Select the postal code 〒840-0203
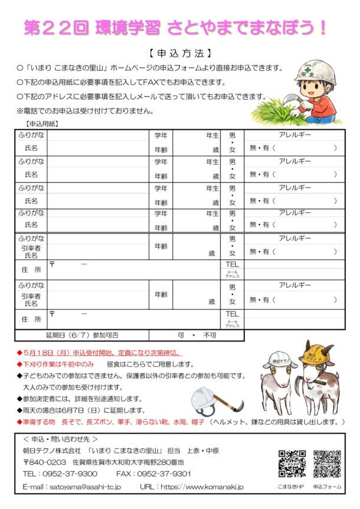[44, 462]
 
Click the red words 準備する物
[42, 422]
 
